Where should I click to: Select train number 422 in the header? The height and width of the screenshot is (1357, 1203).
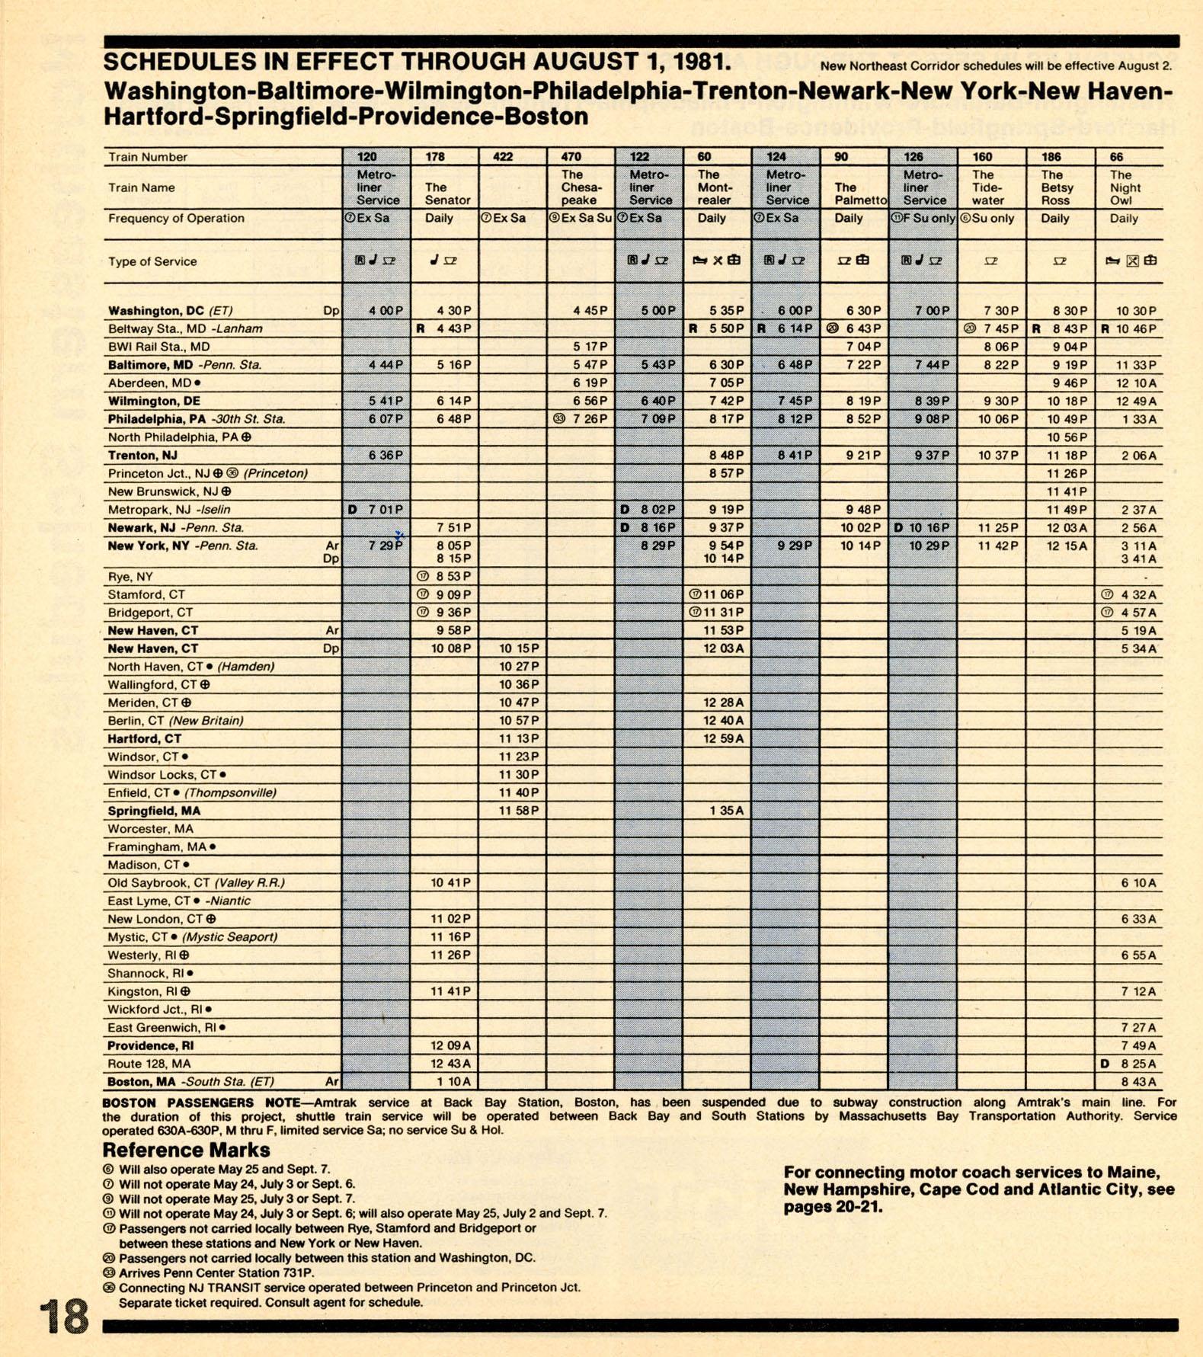(503, 157)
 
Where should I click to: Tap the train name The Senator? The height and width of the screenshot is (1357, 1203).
(447, 194)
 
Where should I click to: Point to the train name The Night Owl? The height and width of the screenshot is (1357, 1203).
(1125, 187)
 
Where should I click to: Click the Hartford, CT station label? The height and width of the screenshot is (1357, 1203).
(145, 738)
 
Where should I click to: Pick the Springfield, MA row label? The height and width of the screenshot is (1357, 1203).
(154, 811)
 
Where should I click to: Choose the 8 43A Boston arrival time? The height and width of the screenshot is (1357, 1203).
(1138, 1082)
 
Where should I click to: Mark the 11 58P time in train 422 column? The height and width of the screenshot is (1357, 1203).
(519, 811)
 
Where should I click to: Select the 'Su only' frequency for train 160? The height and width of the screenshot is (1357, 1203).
(993, 219)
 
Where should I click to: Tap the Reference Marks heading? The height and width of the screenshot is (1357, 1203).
(186, 1150)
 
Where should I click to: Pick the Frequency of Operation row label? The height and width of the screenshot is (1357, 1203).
(176, 219)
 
